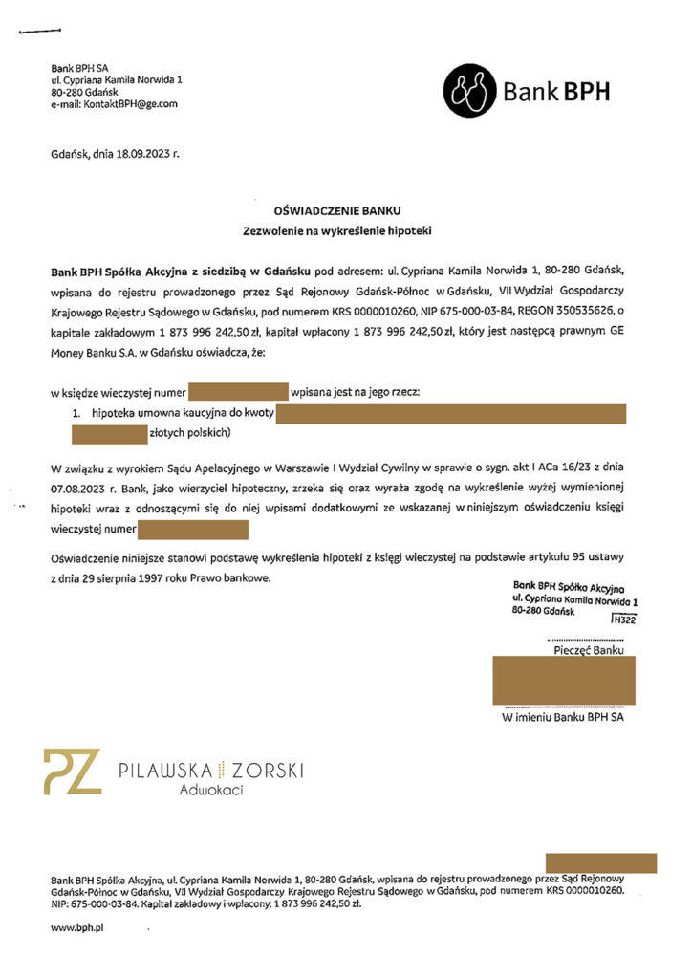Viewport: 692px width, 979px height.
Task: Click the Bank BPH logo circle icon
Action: (x=470, y=91)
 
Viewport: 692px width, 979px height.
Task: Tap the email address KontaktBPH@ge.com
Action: (x=129, y=104)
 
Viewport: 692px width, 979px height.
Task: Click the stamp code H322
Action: (x=624, y=620)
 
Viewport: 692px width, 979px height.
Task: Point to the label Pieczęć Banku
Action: (x=590, y=650)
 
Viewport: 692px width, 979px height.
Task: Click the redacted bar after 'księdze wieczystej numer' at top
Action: (x=238, y=391)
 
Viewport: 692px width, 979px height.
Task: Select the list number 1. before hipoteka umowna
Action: (x=77, y=412)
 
